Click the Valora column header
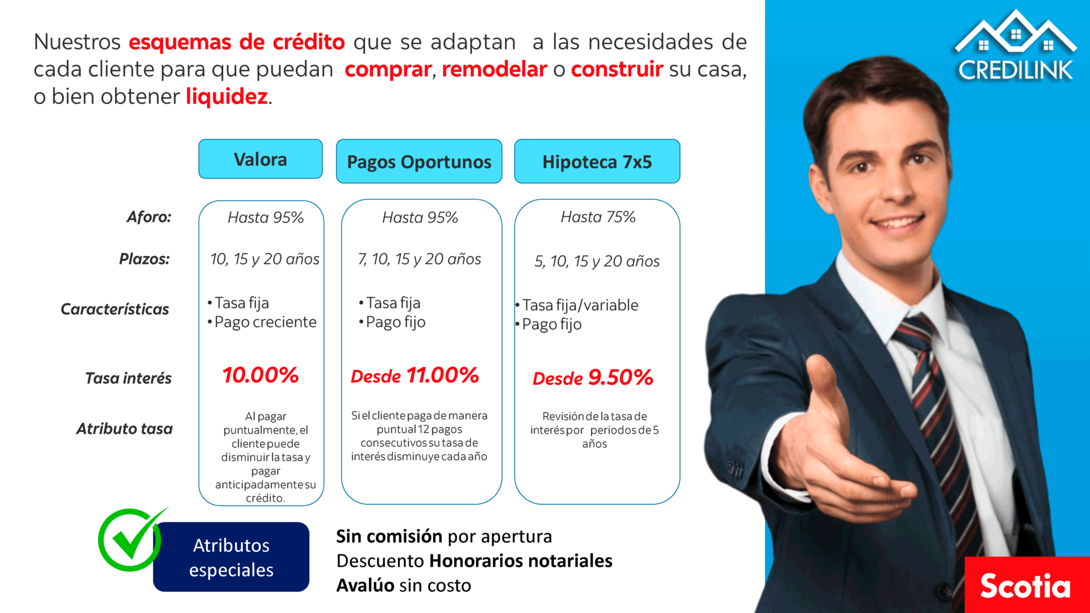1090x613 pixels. (x=261, y=159)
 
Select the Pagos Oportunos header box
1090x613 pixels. (x=419, y=161)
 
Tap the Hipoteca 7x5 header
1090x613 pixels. (x=597, y=161)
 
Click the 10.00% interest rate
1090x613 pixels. (x=261, y=375)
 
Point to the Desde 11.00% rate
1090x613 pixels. (x=415, y=375)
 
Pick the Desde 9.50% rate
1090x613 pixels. (x=593, y=377)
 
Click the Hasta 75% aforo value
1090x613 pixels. (x=598, y=217)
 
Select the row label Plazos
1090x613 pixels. (x=144, y=259)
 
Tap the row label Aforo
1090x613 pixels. (x=149, y=217)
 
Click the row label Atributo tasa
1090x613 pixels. (x=124, y=429)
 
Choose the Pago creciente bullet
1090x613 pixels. (x=262, y=322)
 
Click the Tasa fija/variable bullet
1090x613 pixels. (x=577, y=305)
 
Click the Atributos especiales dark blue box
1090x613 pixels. (x=231, y=557)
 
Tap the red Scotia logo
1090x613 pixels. (x=1027, y=585)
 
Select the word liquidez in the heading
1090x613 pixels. (x=227, y=96)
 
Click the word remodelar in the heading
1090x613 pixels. (x=494, y=69)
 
